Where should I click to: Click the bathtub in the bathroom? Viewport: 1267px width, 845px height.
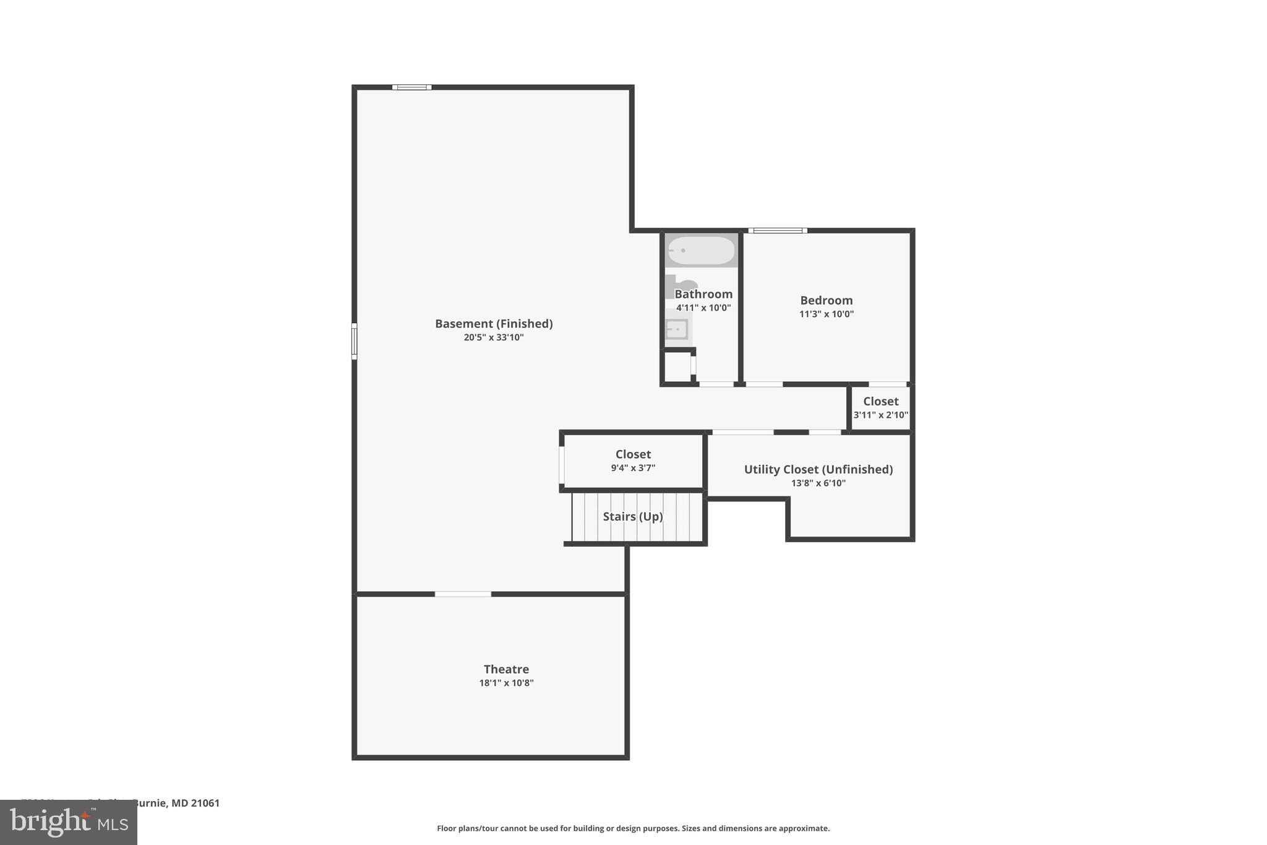coord(702,251)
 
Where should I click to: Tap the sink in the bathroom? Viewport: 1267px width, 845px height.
coord(677,329)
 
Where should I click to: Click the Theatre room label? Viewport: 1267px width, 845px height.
coord(506,669)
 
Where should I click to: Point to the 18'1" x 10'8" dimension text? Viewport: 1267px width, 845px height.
coord(506,683)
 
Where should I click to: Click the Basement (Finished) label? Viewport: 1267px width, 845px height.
coord(494,324)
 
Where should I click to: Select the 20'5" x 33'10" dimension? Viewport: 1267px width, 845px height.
coord(494,338)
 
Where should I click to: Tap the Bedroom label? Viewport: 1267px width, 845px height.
coord(826,301)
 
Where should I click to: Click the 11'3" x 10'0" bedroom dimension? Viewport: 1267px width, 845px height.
coord(826,314)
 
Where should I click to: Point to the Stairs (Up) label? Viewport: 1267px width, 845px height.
coord(633,517)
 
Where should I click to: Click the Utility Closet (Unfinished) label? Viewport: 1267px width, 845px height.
coord(818,470)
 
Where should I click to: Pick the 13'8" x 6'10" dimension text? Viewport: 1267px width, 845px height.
coord(818,483)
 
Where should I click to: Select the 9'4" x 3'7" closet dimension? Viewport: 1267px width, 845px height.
coord(633,469)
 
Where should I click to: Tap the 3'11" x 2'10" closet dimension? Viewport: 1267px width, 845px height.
coord(880,415)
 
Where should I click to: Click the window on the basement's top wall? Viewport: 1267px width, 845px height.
coord(412,87)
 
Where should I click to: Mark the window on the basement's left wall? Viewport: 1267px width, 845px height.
coord(354,340)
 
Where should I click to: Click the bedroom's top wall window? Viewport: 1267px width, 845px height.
coord(778,231)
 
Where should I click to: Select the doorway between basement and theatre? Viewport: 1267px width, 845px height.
coord(463,594)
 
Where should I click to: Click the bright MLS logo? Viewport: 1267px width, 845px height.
coord(68,822)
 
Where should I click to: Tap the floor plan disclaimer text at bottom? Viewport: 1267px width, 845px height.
coord(633,828)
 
